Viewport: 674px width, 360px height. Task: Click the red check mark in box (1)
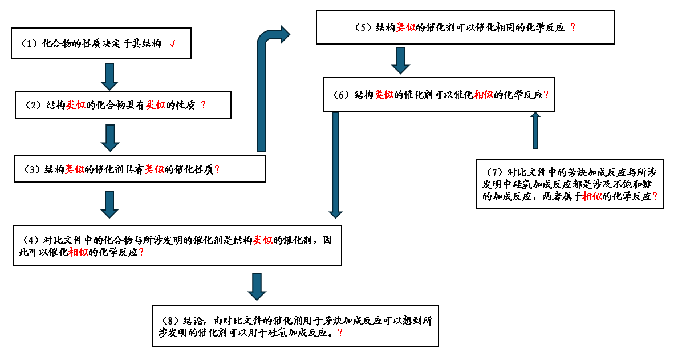tap(172, 44)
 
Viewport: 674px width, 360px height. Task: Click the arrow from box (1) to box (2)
tap(109, 76)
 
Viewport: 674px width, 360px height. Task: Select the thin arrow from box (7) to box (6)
tap(534, 130)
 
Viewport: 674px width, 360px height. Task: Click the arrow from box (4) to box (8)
tap(257, 286)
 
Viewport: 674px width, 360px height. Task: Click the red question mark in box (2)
tap(203, 105)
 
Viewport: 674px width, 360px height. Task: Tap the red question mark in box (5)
tap(573, 27)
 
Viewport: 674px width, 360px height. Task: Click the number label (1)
tap(29, 44)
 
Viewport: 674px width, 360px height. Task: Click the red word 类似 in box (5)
tap(405, 27)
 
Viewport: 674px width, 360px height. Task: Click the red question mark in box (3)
tap(217, 169)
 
